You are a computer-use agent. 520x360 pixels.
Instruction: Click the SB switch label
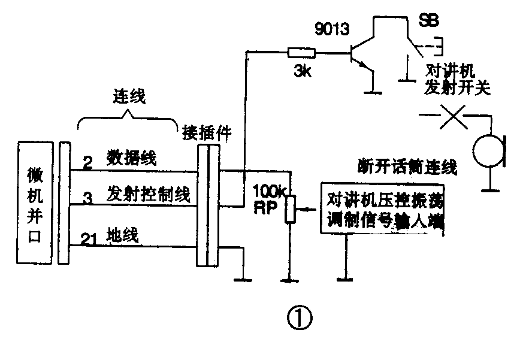pos(428,21)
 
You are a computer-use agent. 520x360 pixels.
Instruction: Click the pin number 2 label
pos(87,162)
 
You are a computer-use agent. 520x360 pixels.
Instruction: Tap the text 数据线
pos(132,158)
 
